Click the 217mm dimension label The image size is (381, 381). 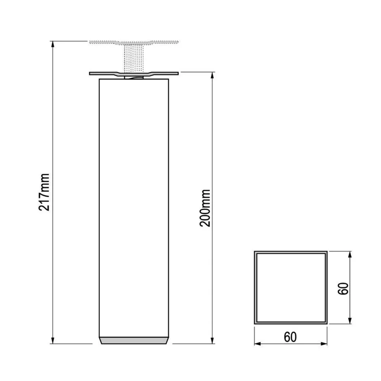[45, 192]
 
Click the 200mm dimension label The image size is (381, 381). [205, 208]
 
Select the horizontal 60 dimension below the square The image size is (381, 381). [290, 337]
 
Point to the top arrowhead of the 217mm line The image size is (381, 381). [53, 44]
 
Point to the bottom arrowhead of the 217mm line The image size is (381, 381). [53, 340]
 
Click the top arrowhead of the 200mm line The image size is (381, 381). [212, 75]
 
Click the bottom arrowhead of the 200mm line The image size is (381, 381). [212, 340]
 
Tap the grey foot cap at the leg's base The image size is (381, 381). [134, 340]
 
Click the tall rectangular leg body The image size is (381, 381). [134, 208]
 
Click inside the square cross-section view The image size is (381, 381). [290, 287]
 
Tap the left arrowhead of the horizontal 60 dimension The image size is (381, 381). [257, 344]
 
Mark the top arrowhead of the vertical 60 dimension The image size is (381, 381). [350, 254]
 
